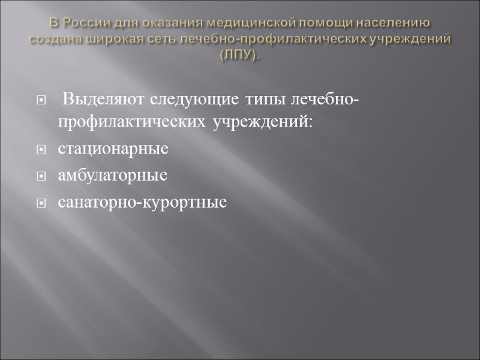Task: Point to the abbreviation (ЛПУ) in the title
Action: [240, 55]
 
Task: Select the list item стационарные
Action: [113, 149]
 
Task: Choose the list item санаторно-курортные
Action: [142, 203]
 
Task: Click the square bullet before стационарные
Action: [41, 149]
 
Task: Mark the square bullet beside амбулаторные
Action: [41, 177]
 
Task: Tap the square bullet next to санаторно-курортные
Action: [41, 204]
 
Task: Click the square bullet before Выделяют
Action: [41, 99]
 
